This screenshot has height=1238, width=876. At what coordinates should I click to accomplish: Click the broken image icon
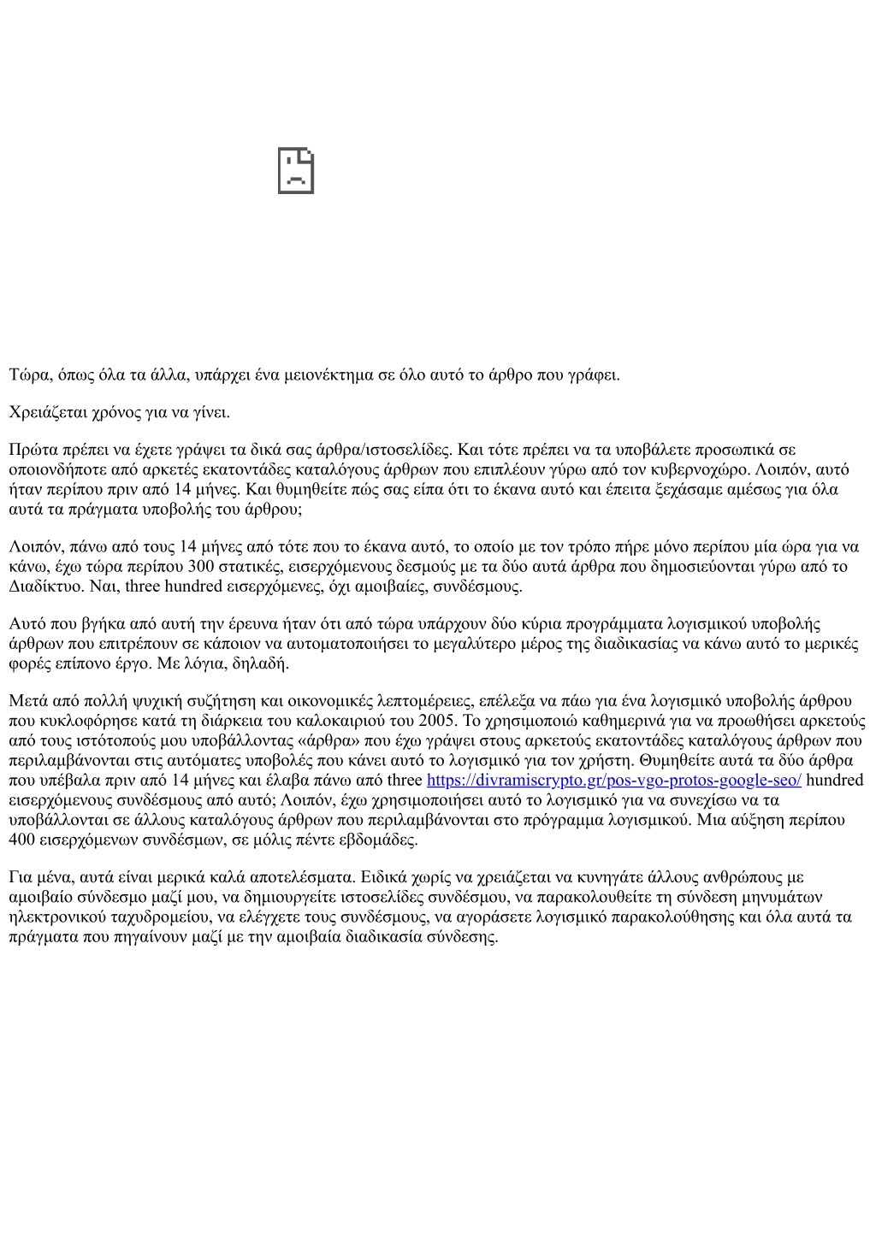(296, 171)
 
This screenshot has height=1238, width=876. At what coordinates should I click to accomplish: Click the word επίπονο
(83, 663)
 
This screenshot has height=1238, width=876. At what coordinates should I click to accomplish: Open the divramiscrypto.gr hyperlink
(613, 780)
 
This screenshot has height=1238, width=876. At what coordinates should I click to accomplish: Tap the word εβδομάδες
(378, 840)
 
